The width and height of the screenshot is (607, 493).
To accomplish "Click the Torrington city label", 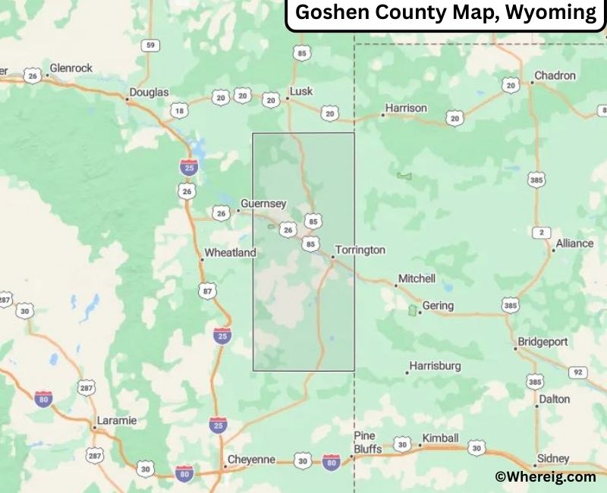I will [x=360, y=250].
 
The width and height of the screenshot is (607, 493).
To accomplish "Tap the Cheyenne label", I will [x=251, y=460].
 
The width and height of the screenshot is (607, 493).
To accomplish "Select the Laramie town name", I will [x=116, y=420].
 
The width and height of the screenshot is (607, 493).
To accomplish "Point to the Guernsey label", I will [x=263, y=203].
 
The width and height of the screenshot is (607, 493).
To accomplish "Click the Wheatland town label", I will [x=230, y=253].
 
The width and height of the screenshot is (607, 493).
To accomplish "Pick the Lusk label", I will [x=301, y=92].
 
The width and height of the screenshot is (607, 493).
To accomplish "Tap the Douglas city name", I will [x=149, y=93].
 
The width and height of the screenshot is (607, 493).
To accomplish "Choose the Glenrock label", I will [x=71, y=68].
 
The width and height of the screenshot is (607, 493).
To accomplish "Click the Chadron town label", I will [x=555, y=76].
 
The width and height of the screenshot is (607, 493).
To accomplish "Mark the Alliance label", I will [x=574, y=243].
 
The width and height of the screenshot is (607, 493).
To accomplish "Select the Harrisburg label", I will [x=435, y=366].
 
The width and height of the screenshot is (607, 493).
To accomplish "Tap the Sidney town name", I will [x=552, y=458].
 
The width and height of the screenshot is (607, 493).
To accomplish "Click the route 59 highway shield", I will [x=150, y=46].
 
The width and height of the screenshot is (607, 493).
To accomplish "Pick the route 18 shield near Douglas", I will [x=178, y=111].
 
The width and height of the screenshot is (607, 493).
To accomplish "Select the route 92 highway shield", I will [x=578, y=372].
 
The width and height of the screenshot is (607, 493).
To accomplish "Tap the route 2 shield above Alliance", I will [x=542, y=233].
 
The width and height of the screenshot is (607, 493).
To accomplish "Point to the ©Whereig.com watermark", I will [x=545, y=476].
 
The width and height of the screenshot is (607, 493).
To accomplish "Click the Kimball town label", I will [x=441, y=438].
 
